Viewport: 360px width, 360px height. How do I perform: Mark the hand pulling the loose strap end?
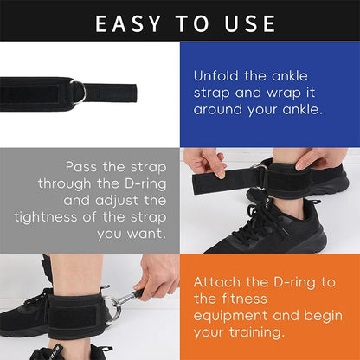tap(204, 162)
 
